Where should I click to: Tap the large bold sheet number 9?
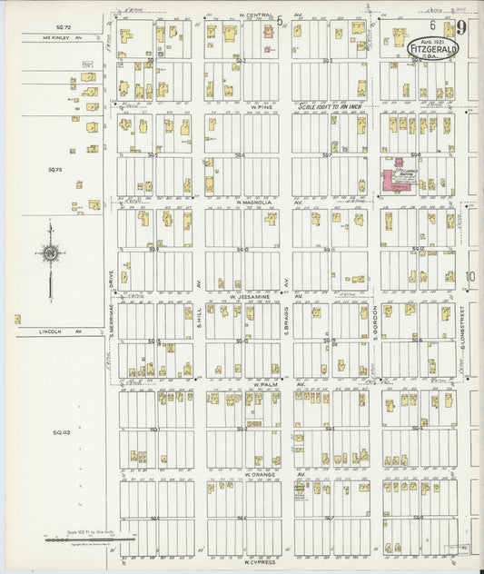[462, 29]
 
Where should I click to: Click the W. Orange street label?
[260, 473]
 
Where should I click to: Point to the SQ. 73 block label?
[55, 169]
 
